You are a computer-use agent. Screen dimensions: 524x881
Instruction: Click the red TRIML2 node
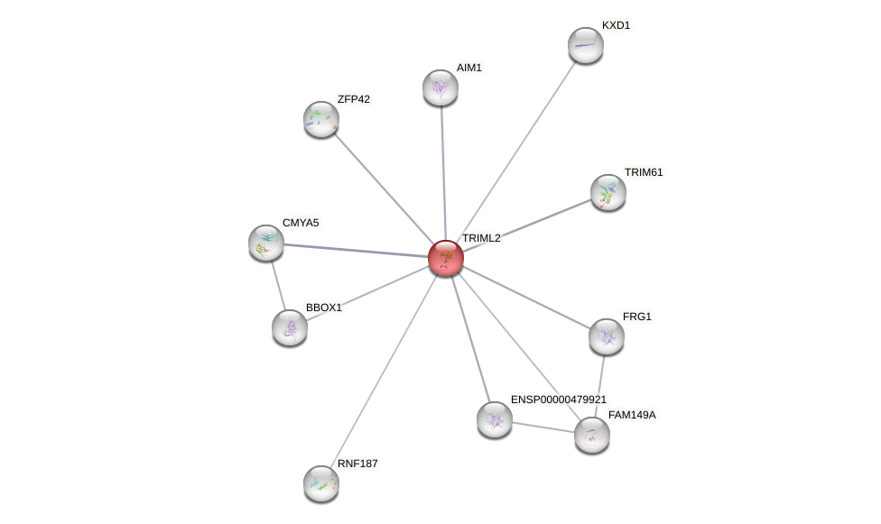pyautogui.click(x=445, y=257)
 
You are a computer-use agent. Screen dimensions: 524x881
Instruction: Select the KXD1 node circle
pyautogui.click(x=585, y=45)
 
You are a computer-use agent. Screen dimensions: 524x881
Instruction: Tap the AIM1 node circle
pyautogui.click(x=440, y=87)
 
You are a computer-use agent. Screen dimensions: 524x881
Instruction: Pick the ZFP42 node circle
pyautogui.click(x=320, y=119)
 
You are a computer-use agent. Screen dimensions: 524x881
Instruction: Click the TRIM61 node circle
pyautogui.click(x=607, y=192)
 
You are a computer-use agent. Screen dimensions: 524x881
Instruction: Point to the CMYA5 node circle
pyautogui.click(x=266, y=243)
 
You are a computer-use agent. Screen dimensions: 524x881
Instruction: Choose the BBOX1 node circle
pyautogui.click(x=290, y=327)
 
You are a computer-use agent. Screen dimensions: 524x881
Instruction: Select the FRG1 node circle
pyautogui.click(x=607, y=336)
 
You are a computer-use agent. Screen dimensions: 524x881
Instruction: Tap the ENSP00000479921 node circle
pyautogui.click(x=495, y=419)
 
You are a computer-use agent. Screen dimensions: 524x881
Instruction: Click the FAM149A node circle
pyautogui.click(x=592, y=435)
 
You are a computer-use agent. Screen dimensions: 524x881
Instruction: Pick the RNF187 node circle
pyautogui.click(x=321, y=483)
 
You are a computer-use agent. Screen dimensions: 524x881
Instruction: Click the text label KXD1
pyautogui.click(x=616, y=25)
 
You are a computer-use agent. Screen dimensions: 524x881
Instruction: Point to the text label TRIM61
pyautogui.click(x=644, y=172)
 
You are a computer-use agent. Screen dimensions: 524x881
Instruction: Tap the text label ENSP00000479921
pyautogui.click(x=559, y=400)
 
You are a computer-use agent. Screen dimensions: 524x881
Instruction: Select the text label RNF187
pyautogui.click(x=357, y=464)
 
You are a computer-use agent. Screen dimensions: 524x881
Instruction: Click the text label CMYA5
pyautogui.click(x=301, y=223)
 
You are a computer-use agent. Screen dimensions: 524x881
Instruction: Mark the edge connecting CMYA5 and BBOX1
pyautogui.click(x=278, y=285)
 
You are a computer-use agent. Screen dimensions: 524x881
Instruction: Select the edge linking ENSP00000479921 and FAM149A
pyautogui.click(x=543, y=427)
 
